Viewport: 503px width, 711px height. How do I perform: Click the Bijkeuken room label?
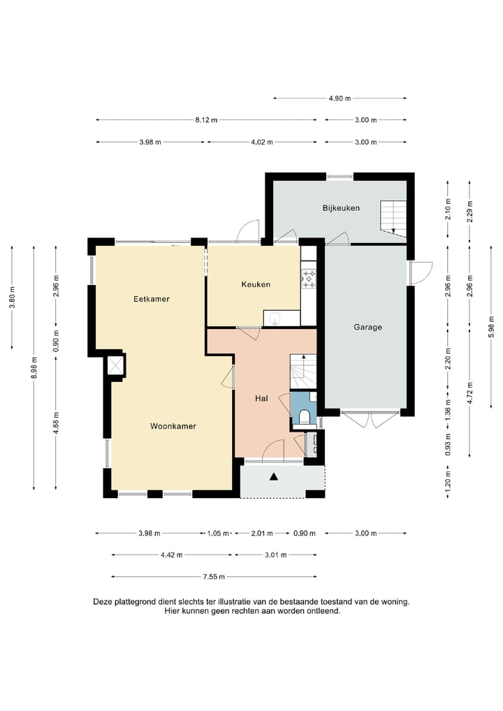coord(341,208)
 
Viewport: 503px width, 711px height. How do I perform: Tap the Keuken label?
coord(256,284)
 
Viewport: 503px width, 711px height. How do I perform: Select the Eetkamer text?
coord(152,299)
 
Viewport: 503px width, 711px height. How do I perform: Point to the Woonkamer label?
coord(173,426)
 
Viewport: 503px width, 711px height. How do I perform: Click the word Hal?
coord(261,399)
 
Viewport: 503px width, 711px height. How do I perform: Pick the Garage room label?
coord(368,327)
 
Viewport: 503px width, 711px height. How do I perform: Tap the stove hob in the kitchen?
coord(309,279)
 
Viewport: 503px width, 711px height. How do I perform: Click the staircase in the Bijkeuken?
coord(393,217)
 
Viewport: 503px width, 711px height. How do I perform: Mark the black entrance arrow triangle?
coord(273,476)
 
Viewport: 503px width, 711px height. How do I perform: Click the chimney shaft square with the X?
coord(115,365)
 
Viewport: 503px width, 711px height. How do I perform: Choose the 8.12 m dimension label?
coord(206,120)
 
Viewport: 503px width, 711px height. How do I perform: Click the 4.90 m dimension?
coord(340,98)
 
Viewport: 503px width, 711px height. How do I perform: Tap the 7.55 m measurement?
coord(214,577)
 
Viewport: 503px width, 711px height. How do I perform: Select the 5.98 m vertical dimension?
coord(491,326)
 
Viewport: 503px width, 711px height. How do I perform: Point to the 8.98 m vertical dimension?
coord(34,368)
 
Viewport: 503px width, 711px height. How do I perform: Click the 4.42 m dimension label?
coord(171,555)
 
